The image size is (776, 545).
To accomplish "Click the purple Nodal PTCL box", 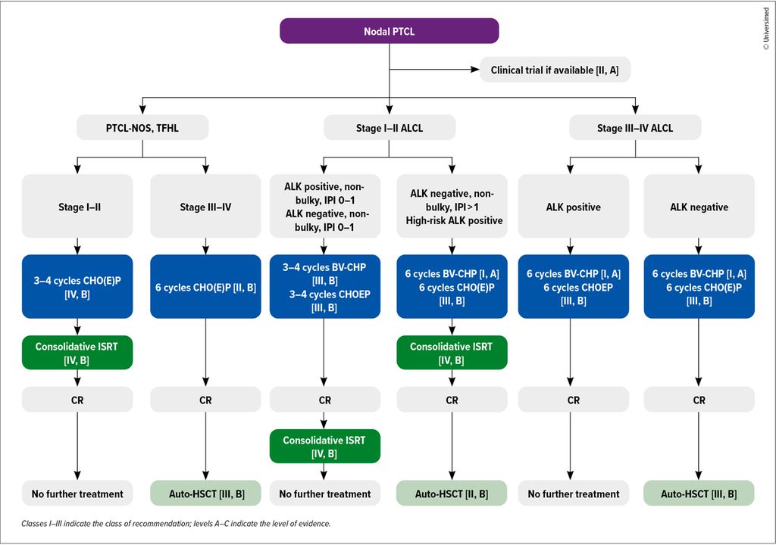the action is (x=389, y=31).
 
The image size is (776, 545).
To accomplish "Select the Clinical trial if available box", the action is (x=555, y=70).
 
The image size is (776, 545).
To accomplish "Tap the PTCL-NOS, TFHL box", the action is (x=142, y=128).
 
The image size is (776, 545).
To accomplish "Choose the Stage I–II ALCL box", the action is (x=390, y=128).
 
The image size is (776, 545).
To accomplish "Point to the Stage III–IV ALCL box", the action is (x=635, y=128).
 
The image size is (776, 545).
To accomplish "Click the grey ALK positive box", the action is (x=573, y=206).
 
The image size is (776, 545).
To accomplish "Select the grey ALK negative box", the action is (x=699, y=206).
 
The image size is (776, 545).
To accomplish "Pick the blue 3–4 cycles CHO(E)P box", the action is (x=77, y=286).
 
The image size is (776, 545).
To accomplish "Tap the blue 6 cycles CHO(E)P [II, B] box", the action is (x=205, y=286).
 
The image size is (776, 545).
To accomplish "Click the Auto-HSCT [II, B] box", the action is (x=452, y=493).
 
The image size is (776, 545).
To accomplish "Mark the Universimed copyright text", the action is (x=766, y=29).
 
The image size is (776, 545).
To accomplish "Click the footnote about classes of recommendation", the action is (x=176, y=524).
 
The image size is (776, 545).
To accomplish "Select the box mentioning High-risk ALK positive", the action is (x=452, y=206).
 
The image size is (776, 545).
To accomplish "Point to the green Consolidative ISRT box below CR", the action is (x=324, y=446).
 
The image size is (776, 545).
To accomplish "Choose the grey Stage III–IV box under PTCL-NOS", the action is (x=205, y=206).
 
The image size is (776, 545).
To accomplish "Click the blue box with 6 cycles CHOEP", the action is (x=573, y=286).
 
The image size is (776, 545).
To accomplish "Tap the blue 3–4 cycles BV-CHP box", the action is (x=324, y=286).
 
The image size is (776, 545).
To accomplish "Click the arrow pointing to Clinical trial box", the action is (x=434, y=70).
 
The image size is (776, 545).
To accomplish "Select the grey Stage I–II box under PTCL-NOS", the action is (x=77, y=206).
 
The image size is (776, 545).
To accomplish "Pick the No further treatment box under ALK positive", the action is (x=573, y=493).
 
